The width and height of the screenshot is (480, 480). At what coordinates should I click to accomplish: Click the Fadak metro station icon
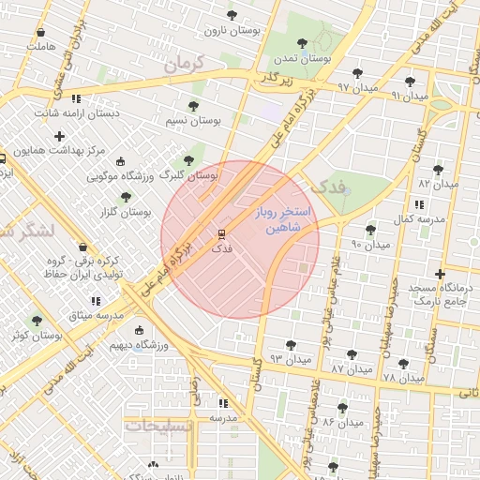pyautogui.click(x=221, y=233)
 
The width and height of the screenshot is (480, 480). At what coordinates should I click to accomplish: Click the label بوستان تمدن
pyautogui.click(x=300, y=59)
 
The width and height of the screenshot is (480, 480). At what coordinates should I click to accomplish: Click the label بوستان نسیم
pyautogui.click(x=193, y=121)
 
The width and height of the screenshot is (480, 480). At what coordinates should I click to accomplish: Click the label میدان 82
pyautogui.click(x=438, y=185)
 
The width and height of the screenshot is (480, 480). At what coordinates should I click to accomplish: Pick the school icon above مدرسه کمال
pyautogui.click(x=417, y=203)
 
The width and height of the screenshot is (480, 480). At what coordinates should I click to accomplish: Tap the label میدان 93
pyautogui.click(x=290, y=359)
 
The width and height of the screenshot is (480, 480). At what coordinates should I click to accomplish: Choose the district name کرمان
pyautogui.click(x=183, y=67)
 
